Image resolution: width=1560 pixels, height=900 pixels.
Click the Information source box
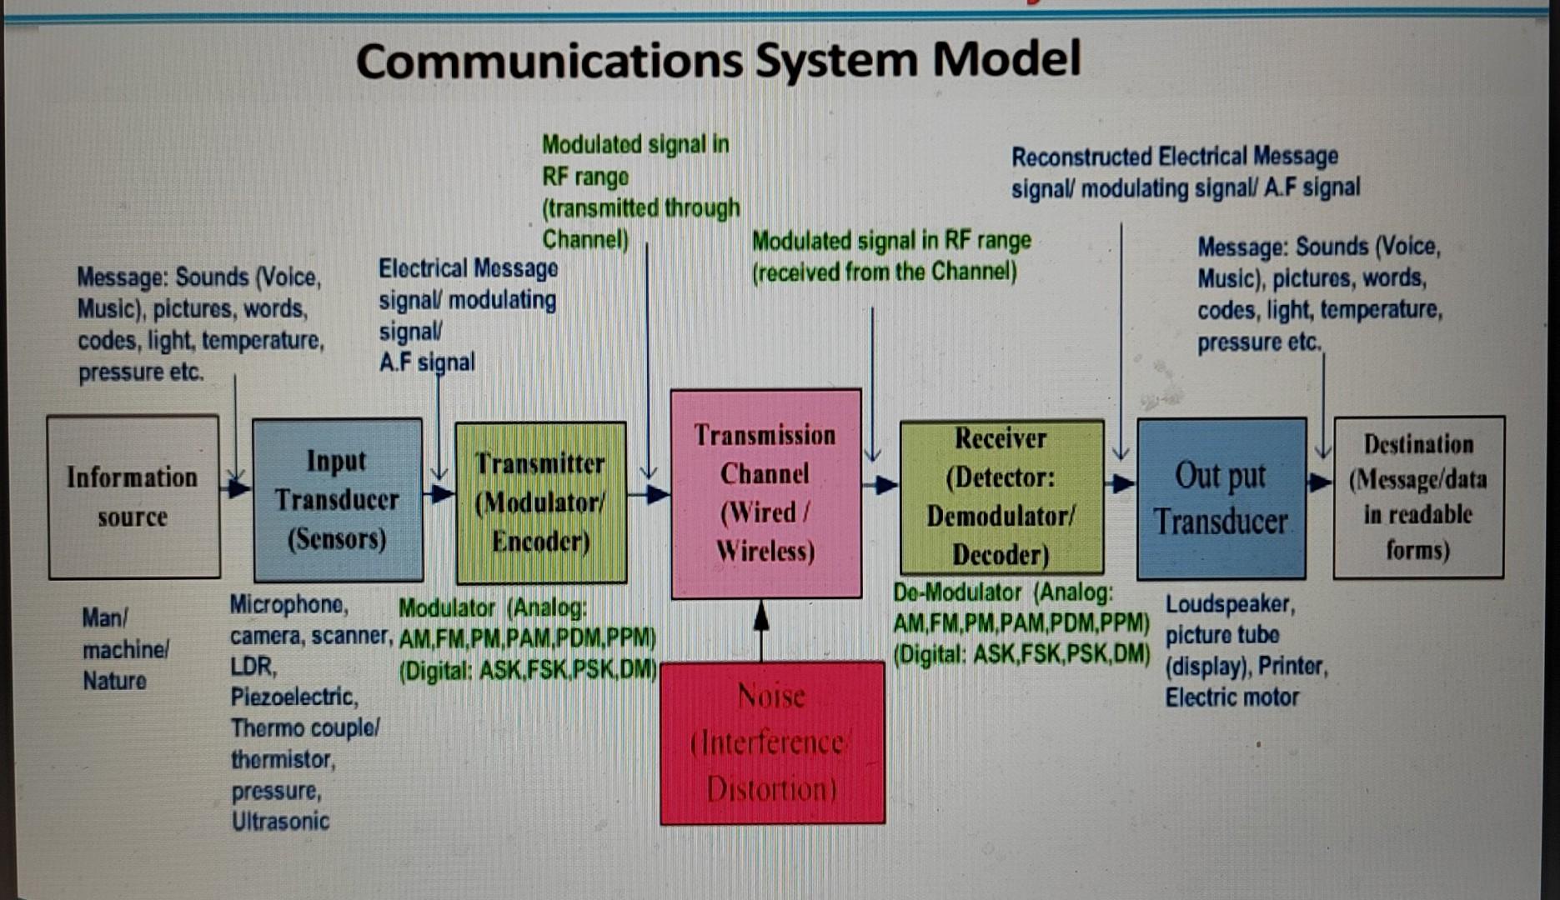coord(133,497)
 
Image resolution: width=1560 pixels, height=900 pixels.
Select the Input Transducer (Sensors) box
coord(338,500)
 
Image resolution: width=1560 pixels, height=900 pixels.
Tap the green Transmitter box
coord(540,502)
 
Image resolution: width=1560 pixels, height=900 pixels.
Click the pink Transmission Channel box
coord(765,493)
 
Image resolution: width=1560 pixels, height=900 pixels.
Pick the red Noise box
coord(772,742)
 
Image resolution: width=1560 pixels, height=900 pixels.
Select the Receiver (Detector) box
coord(1001,497)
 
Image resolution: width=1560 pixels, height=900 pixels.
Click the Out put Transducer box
coord(1221,498)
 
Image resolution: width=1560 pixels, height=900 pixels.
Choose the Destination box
coord(1418,497)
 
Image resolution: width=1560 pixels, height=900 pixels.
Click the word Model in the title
coord(1006,60)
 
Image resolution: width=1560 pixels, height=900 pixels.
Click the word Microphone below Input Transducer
coord(288,604)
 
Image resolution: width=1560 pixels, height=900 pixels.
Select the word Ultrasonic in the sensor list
coord(280,822)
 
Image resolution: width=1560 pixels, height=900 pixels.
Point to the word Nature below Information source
coord(114,681)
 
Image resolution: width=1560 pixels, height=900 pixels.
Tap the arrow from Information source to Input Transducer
coord(236,487)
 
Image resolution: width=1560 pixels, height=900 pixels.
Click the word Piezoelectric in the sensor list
coord(293,697)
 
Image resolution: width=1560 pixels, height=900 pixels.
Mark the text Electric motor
coord(1231,697)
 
